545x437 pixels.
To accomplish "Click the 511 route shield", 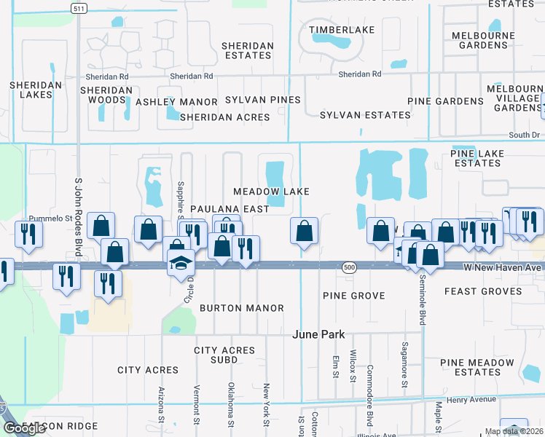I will (78, 8).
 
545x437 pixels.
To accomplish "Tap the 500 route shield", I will (348, 268).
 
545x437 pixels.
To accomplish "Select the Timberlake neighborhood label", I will (342, 30).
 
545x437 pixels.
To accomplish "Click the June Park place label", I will (318, 334).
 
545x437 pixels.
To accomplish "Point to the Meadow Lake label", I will (271, 192).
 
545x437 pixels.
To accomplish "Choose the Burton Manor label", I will (242, 308).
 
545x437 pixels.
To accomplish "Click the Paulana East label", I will (230, 209).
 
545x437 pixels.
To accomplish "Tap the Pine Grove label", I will (353, 296).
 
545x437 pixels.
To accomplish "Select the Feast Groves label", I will (482, 291).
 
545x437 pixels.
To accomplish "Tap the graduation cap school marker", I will (179, 264).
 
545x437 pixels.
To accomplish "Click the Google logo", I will (25, 428).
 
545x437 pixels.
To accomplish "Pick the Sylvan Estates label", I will (365, 115).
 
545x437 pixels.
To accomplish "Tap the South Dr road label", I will (524, 135).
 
